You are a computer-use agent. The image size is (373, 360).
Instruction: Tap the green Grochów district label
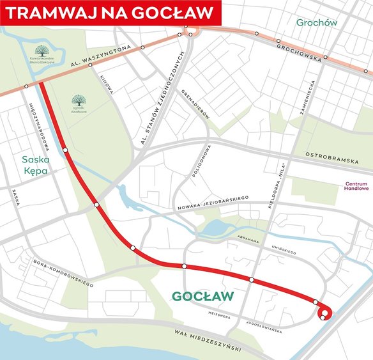point(316,22)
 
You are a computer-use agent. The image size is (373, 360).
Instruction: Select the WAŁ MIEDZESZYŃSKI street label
point(211,340)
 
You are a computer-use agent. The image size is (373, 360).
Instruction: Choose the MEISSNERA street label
point(224,314)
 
